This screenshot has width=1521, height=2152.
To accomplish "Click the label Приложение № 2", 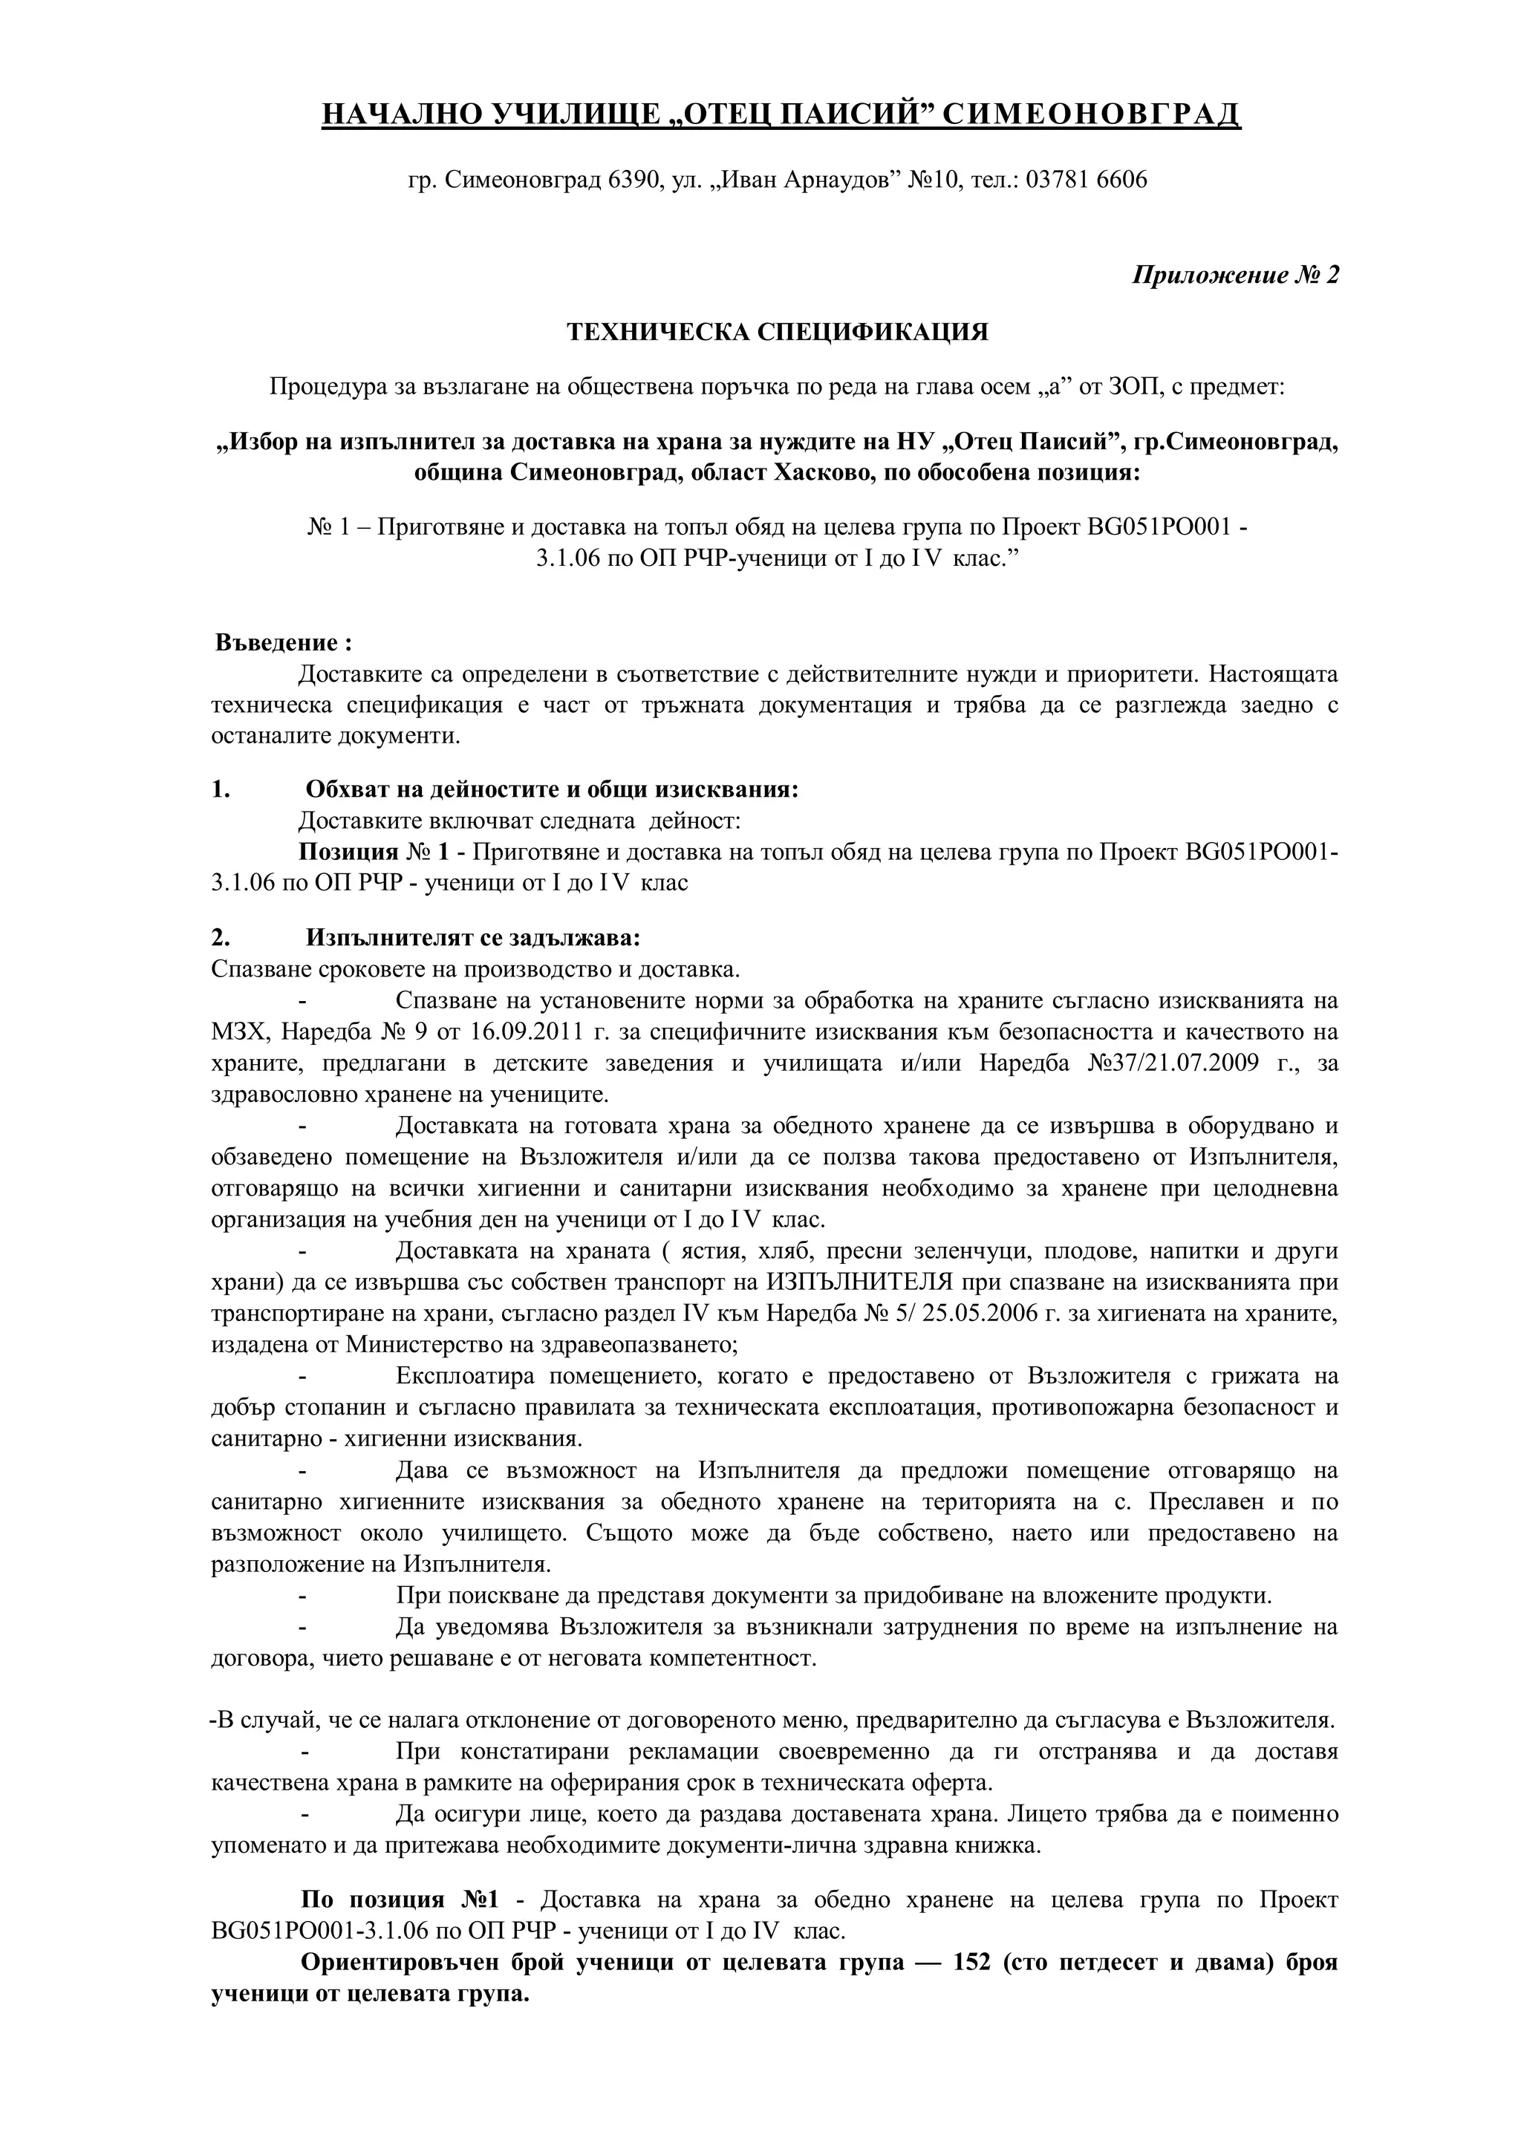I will [x=1236, y=275].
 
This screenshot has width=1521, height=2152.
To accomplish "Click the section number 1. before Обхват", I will [x=221, y=789].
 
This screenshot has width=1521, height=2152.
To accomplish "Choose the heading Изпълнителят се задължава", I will [x=473, y=938].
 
